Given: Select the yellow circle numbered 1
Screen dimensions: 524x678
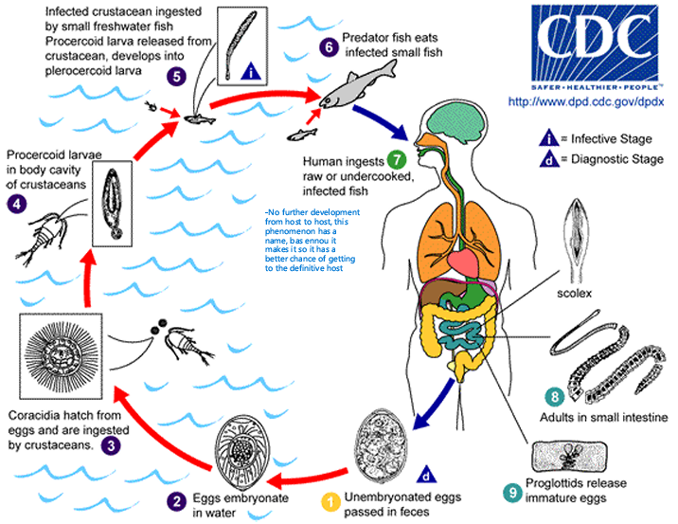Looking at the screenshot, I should point(331,499).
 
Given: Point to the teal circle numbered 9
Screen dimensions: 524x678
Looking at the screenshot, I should point(510,492).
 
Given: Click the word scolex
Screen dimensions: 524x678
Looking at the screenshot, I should point(574,293).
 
